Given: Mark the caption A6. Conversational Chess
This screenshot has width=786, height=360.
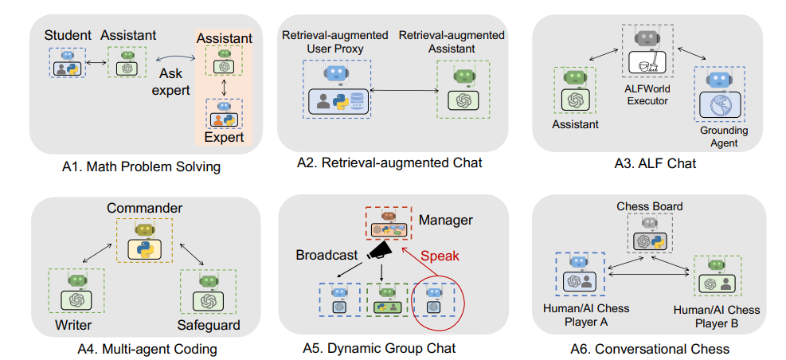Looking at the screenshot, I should click(650, 348).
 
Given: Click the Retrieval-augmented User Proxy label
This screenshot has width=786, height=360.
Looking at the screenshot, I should click(334, 42).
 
